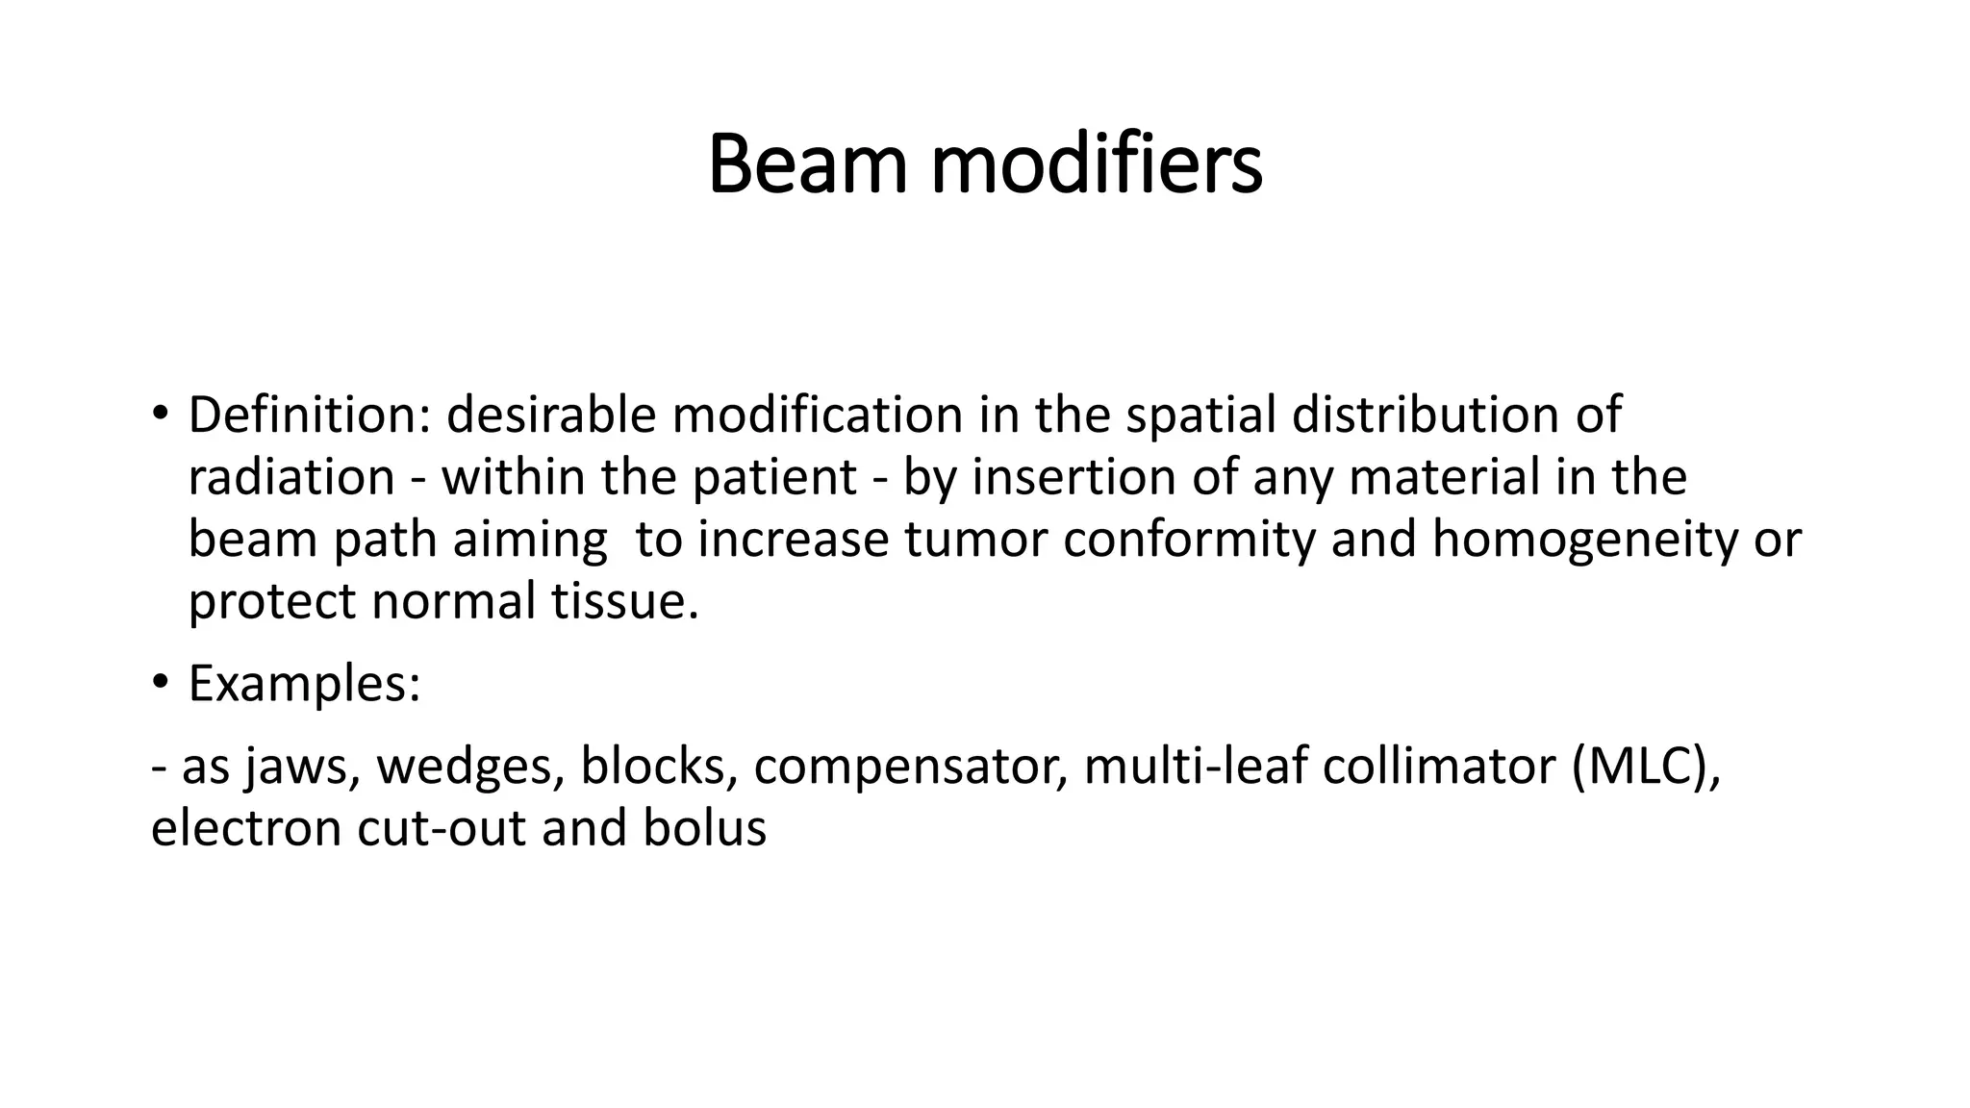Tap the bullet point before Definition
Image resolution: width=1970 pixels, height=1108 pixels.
pyautogui.click(x=160, y=415)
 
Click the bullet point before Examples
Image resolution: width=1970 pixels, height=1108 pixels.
pyautogui.click(x=160, y=683)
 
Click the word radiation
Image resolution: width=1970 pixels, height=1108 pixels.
pyautogui.click(x=290, y=478)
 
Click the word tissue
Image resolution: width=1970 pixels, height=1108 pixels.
pyautogui.click(x=624, y=602)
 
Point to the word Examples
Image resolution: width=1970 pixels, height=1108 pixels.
pyautogui.click(x=304, y=685)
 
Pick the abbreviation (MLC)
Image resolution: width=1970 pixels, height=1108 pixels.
pyautogui.click(x=1643, y=768)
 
